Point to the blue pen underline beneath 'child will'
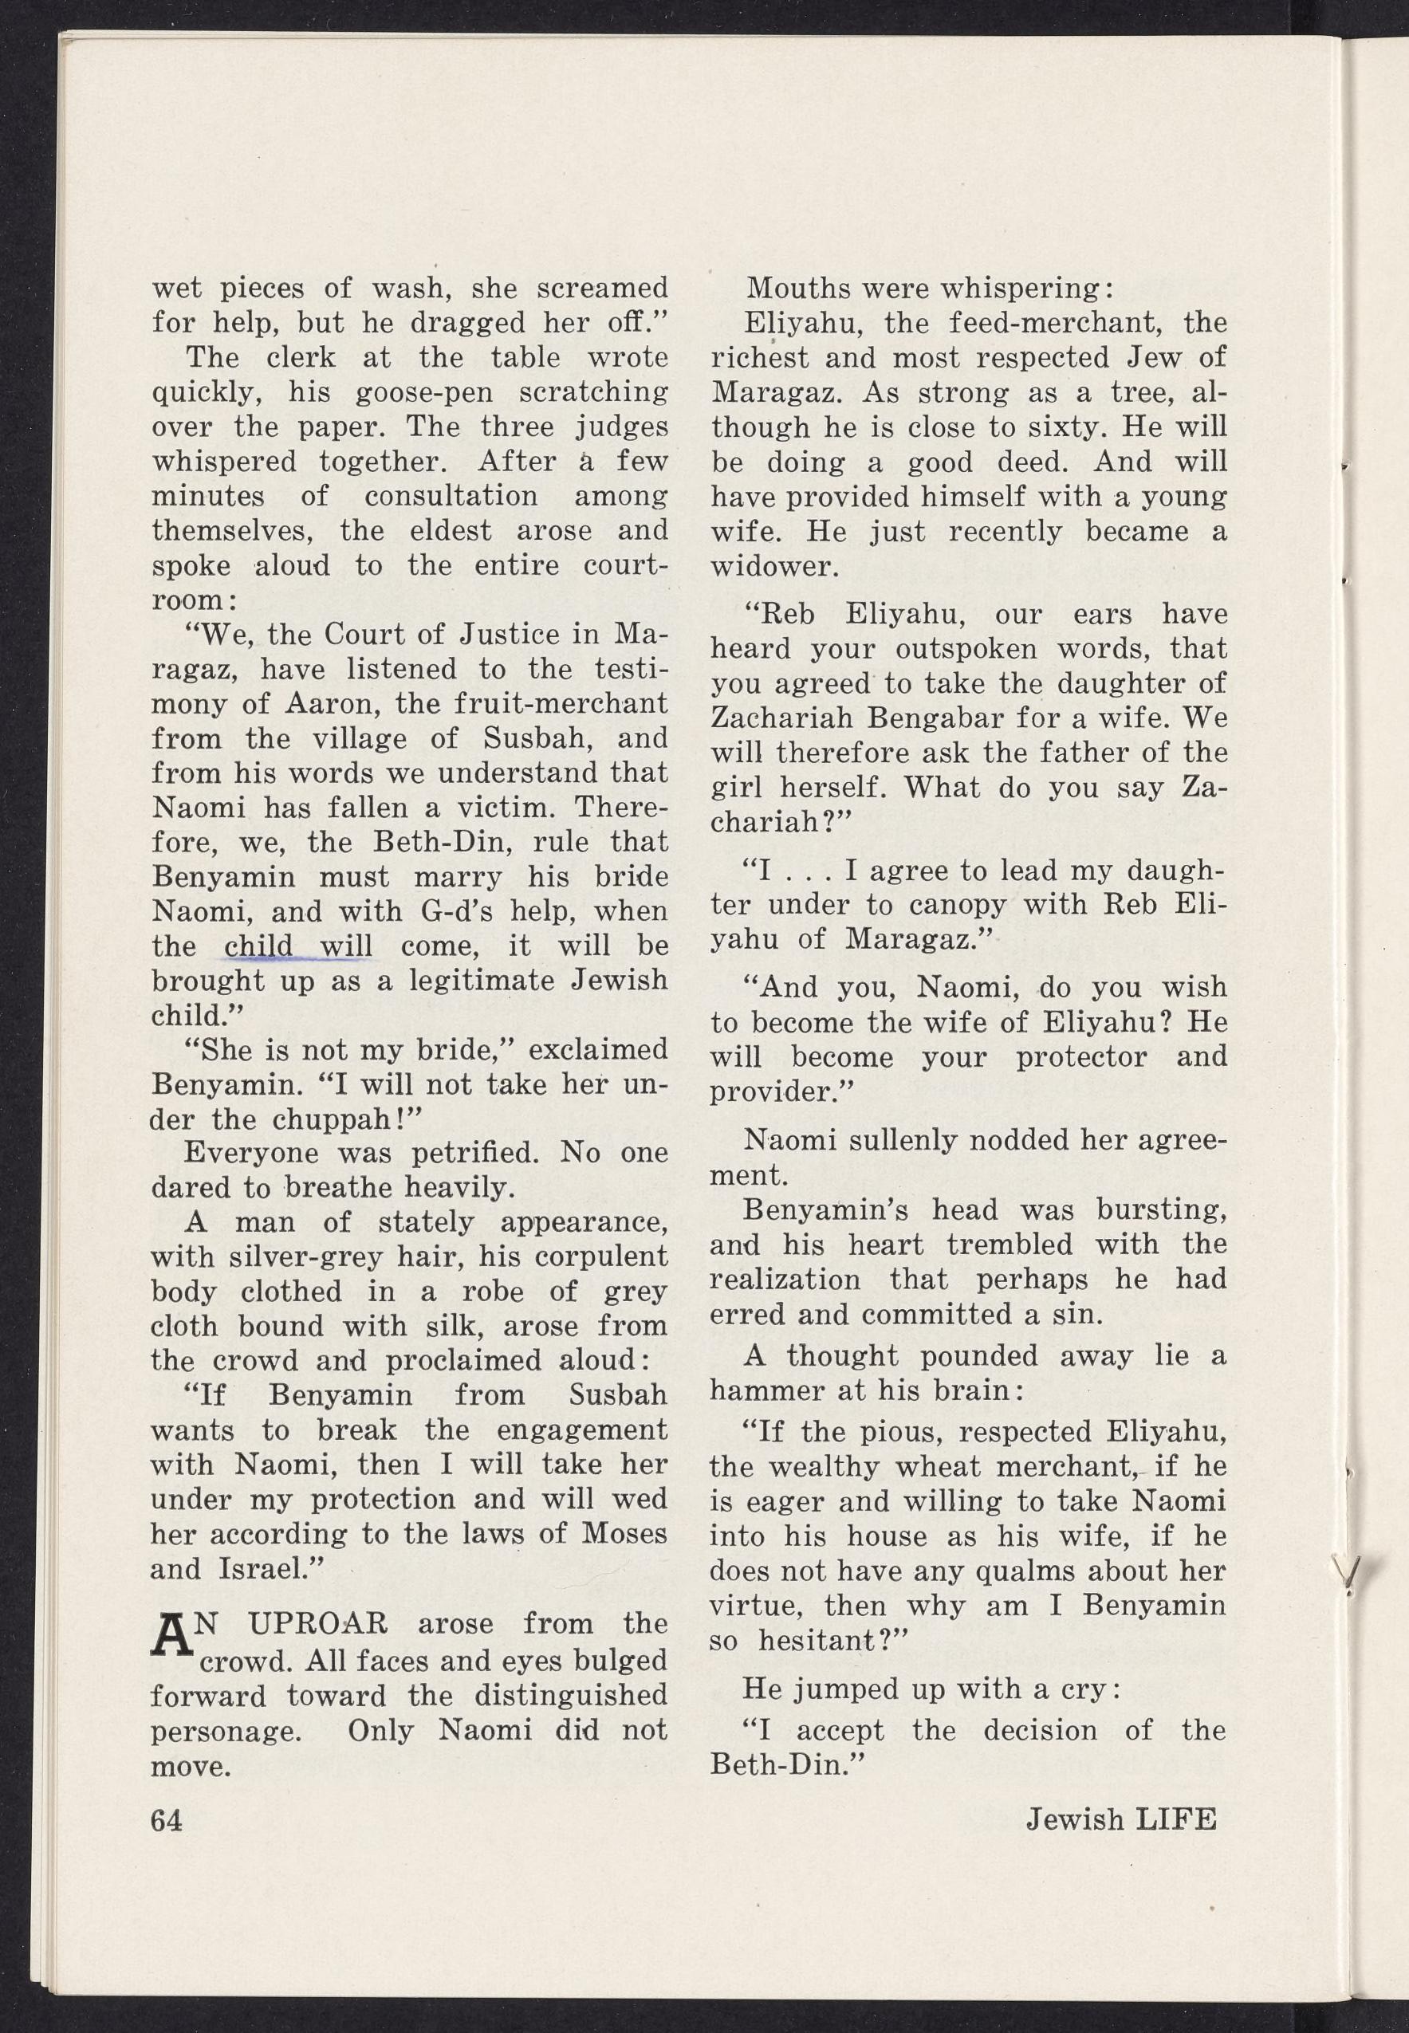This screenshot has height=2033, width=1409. [x=298, y=958]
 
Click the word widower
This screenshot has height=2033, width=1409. [x=774, y=566]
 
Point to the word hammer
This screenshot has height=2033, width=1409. [x=764, y=1390]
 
